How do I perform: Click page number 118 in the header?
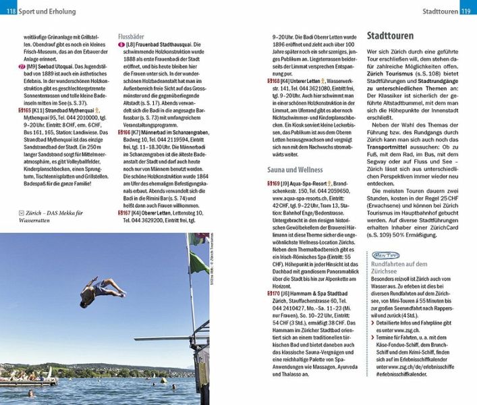point(10,12)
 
